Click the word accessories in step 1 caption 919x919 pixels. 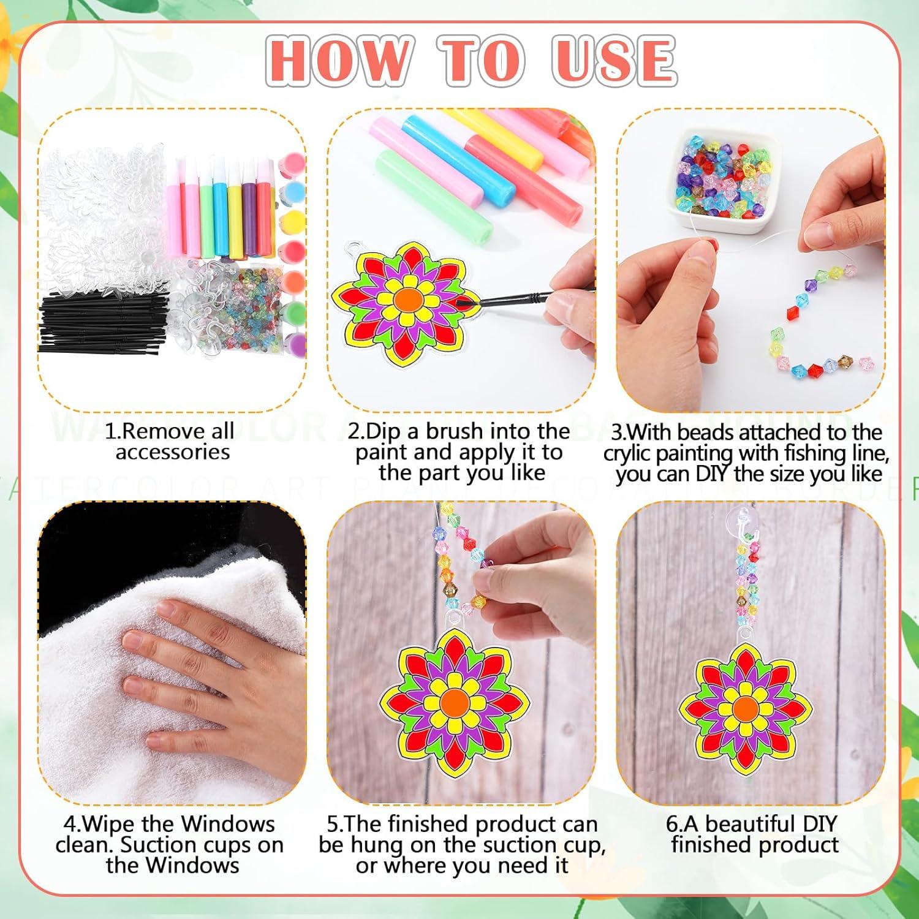[172, 453]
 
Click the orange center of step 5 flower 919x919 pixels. [454, 701]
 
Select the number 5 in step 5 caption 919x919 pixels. [333, 825]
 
